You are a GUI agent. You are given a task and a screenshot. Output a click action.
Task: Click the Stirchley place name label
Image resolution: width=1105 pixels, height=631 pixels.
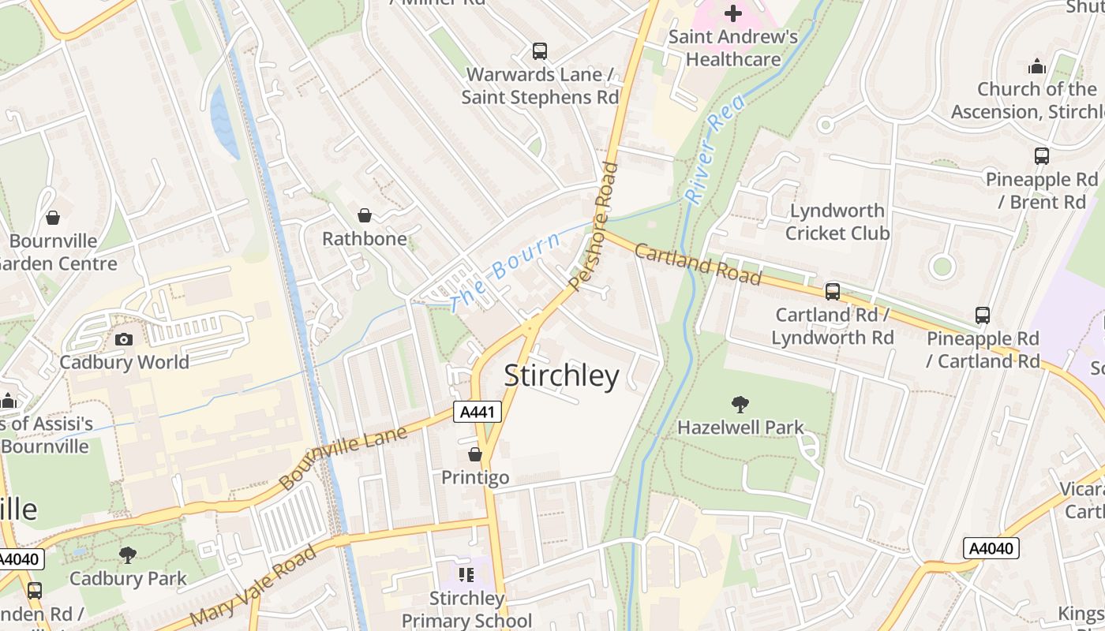(561, 376)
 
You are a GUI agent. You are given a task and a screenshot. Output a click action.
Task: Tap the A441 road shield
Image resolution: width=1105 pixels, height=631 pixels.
(478, 411)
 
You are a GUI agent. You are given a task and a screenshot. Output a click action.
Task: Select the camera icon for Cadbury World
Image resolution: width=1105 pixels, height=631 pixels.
(124, 339)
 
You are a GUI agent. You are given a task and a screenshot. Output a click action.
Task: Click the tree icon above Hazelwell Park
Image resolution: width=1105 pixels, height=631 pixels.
(740, 405)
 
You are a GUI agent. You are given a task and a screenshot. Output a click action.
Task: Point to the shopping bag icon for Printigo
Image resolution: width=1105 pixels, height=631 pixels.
(475, 454)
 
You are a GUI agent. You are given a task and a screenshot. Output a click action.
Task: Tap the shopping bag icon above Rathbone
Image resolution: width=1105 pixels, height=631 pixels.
(365, 215)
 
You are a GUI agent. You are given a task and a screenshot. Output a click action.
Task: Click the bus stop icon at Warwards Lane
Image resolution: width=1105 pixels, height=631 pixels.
(540, 51)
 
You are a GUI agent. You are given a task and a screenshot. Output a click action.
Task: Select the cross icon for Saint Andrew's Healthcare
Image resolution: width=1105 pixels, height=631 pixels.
(733, 13)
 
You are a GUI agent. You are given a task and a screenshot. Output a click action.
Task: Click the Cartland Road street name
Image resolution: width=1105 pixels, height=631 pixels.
(697, 264)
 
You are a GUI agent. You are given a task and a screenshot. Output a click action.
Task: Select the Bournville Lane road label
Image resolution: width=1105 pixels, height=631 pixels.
(343, 457)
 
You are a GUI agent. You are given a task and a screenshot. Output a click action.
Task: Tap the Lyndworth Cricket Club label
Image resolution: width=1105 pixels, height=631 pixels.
(837, 222)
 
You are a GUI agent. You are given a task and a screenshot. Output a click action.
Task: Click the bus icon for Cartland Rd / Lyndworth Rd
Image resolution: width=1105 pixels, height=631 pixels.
(833, 292)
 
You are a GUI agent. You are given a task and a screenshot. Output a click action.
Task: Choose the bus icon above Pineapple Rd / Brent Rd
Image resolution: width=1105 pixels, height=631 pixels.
(1042, 156)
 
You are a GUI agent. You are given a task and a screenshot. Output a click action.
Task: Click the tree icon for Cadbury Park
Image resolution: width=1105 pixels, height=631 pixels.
(128, 555)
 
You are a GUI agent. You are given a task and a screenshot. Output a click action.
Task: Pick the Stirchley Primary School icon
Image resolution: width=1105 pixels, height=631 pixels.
(466, 575)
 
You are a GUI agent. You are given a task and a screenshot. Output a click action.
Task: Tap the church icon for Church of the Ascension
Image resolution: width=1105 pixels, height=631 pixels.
(1037, 66)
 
